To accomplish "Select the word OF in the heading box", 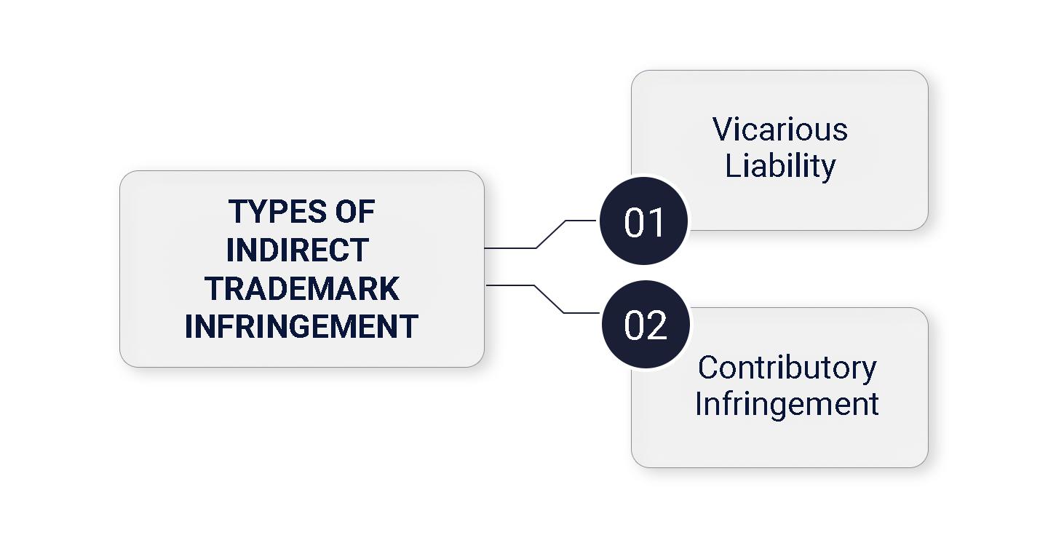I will [355, 212].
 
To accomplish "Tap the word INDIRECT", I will [297, 250].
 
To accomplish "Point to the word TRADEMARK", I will [301, 288].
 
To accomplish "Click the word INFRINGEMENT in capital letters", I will [301, 326].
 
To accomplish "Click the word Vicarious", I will [779, 130].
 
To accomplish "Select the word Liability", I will [779, 166].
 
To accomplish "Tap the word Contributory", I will [787, 368].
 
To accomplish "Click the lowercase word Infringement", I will [787, 403].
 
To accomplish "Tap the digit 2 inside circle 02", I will [656, 325].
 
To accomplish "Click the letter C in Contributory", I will [708, 368].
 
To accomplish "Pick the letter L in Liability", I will [732, 166].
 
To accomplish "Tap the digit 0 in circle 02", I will [635, 325].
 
